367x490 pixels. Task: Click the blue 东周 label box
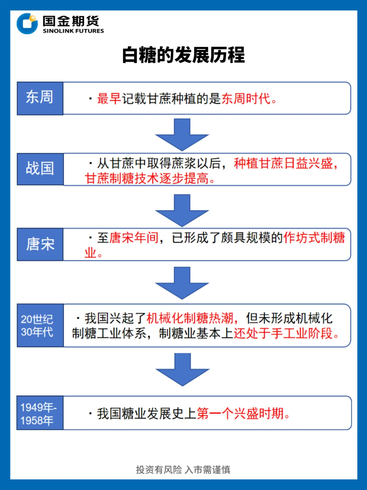[x=40, y=98]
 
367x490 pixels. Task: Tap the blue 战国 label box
[x=40, y=169]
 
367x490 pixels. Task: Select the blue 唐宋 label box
[x=40, y=244]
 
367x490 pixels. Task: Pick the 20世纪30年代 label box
[x=40, y=325]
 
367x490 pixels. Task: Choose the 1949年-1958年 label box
[x=40, y=413]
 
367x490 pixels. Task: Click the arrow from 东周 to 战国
[x=182, y=134]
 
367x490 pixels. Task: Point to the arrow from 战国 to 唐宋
[x=182, y=210]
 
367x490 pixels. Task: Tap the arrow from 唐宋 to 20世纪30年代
[x=182, y=283]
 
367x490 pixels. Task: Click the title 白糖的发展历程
[x=183, y=55]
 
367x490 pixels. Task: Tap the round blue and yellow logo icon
[x=27, y=24]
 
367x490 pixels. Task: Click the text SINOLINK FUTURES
[x=73, y=31]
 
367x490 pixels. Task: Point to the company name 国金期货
[x=71, y=21]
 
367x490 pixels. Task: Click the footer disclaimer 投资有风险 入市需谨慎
[x=183, y=470]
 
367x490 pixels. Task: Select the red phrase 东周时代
[x=246, y=99]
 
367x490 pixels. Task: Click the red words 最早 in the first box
[x=109, y=99]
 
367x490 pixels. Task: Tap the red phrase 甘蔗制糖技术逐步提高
[x=147, y=178]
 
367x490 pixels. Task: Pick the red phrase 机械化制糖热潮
[x=190, y=318]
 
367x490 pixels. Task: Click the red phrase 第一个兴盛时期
[x=240, y=414]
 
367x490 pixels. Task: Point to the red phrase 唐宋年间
[x=134, y=238]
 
